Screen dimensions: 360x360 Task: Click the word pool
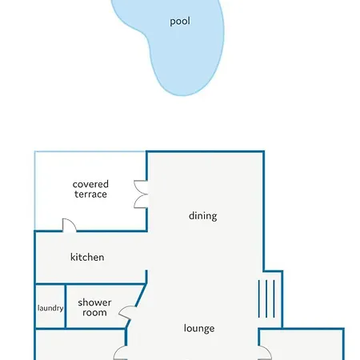180,22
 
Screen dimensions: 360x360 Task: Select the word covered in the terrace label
90,184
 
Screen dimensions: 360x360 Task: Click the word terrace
90,194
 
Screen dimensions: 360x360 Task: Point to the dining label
202,216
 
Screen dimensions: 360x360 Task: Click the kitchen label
87,258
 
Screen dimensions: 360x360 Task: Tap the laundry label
50,308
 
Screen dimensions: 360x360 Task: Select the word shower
94,302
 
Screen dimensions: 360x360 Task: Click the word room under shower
94,313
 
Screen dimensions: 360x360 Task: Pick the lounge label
199,328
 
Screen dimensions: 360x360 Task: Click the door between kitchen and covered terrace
69,226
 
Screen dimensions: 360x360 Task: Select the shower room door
126,313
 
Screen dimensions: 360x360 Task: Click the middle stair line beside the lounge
266,298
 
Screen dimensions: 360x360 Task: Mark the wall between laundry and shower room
66,306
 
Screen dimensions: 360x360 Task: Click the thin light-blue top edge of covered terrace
90,151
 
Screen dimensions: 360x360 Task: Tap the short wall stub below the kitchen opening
146,277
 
